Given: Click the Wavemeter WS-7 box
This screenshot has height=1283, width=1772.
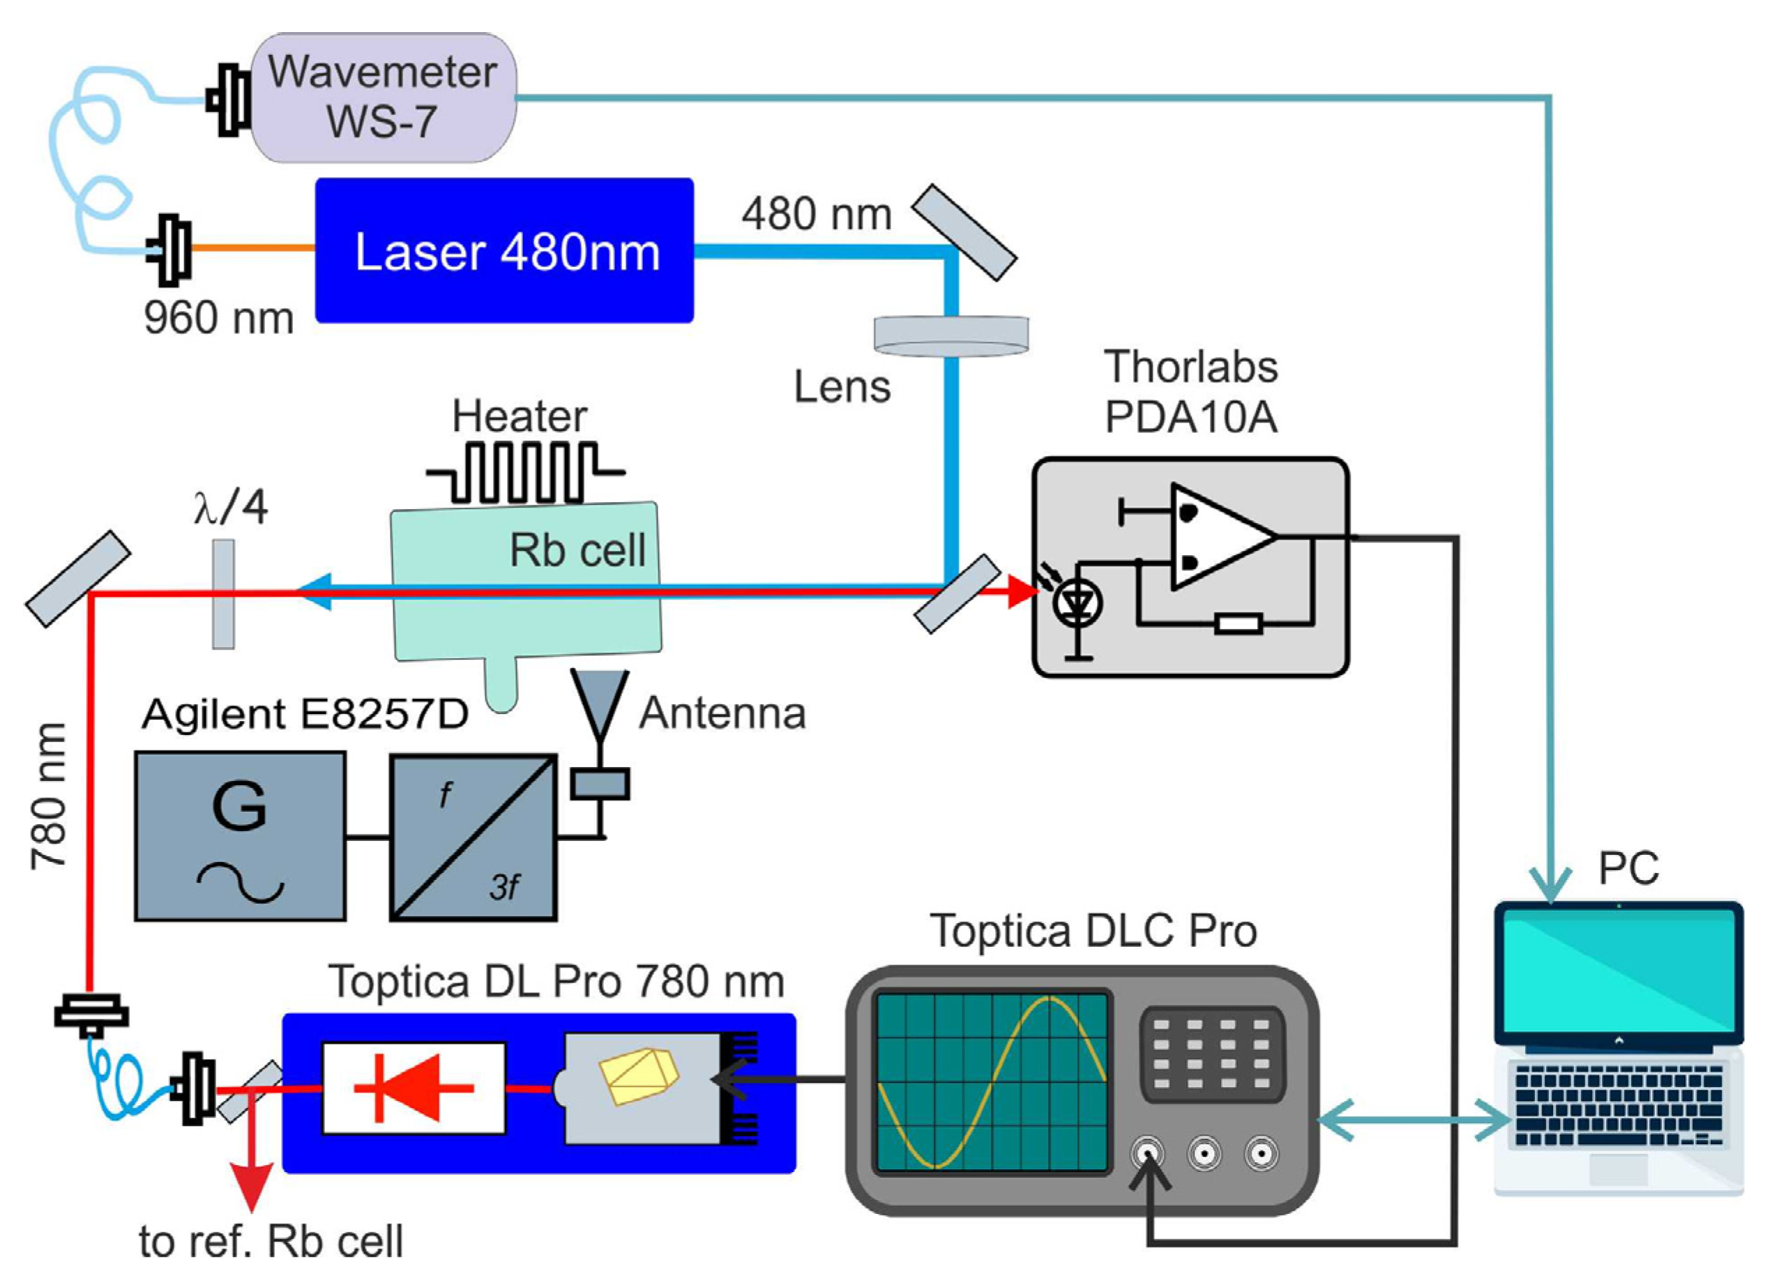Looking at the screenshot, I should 383,97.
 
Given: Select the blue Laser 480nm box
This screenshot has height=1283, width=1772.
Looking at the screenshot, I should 505,251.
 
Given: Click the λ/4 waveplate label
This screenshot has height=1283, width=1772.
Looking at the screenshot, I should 232,508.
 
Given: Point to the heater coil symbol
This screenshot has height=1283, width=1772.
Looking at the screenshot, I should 525,472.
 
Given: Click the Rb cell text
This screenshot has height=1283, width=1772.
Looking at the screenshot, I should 577,550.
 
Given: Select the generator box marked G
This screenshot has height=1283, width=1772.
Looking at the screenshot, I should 240,835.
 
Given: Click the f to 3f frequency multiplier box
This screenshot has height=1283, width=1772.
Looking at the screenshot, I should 474,837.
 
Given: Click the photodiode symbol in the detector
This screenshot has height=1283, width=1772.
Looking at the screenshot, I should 1078,602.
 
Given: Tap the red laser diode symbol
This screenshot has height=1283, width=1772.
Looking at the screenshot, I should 414,1087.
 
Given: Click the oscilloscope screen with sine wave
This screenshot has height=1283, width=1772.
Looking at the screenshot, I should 992,1081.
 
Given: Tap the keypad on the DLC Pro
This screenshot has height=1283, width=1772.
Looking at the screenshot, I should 1211,1054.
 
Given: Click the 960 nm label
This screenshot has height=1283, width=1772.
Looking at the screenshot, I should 219,318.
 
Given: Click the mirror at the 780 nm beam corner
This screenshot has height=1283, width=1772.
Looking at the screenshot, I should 78,578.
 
